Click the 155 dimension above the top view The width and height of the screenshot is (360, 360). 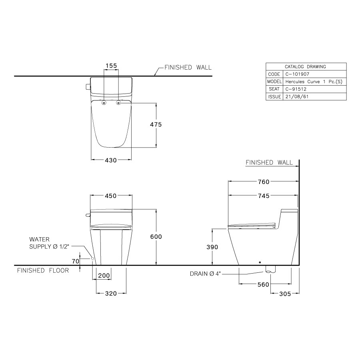[111, 65]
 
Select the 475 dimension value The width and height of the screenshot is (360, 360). [156, 124]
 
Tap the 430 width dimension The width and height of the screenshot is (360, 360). [111, 160]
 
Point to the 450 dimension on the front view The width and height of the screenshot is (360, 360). [111, 196]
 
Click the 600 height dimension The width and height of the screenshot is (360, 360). [156, 237]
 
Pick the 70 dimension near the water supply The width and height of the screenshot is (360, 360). [75, 260]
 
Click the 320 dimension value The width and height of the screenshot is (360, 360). [111, 294]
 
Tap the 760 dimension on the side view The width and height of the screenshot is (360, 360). [264, 182]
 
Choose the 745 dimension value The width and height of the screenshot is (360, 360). [264, 196]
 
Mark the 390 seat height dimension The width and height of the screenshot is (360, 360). [212, 247]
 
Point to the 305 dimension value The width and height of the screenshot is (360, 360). [285, 294]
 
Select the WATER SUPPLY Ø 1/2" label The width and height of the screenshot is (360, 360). [45, 243]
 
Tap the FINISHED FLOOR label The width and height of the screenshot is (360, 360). [43, 271]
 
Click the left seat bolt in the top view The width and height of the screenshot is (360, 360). [104, 103]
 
